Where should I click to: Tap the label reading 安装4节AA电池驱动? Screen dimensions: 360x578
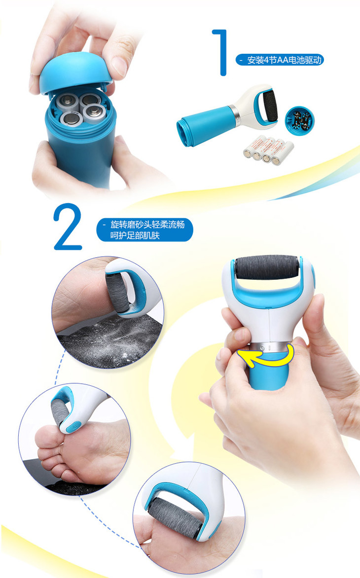pos(284,60)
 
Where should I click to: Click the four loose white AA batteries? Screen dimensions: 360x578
pos(268,150)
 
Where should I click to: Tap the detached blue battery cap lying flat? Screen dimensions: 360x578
pos(299,121)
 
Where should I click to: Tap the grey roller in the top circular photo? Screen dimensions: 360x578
pos(117,293)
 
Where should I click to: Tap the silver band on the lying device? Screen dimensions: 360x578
pos(234,114)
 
